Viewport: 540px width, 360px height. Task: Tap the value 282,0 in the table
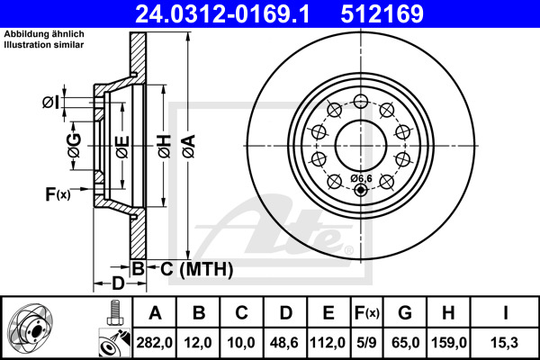click(154, 341)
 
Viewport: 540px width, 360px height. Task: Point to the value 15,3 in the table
click(508, 341)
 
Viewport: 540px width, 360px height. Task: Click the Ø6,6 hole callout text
click(361, 178)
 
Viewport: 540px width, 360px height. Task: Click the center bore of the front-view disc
click(361, 144)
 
